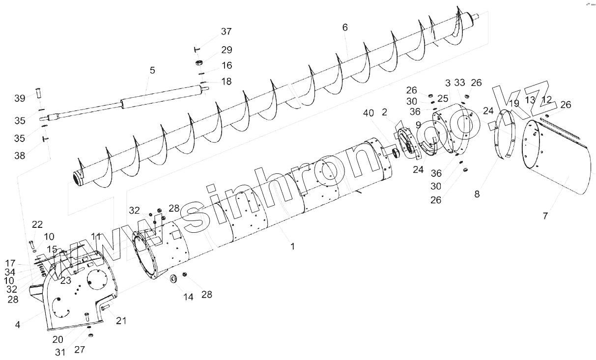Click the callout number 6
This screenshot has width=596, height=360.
click(x=345, y=28)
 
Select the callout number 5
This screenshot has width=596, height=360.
click(x=152, y=71)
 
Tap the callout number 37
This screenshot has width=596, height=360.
click(x=226, y=31)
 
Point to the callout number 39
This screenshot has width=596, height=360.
click(x=20, y=98)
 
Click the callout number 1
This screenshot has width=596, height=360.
click(x=293, y=247)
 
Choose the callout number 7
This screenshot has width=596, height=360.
click(x=545, y=216)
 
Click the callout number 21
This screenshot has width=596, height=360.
click(x=121, y=321)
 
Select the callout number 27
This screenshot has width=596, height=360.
click(x=80, y=350)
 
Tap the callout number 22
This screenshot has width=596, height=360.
click(x=37, y=224)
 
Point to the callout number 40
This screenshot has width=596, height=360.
click(x=368, y=113)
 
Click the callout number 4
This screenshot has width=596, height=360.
click(x=18, y=325)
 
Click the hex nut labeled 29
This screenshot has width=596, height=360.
click(x=199, y=62)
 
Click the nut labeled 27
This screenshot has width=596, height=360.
click(x=90, y=335)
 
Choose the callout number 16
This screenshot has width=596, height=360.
click(x=227, y=65)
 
